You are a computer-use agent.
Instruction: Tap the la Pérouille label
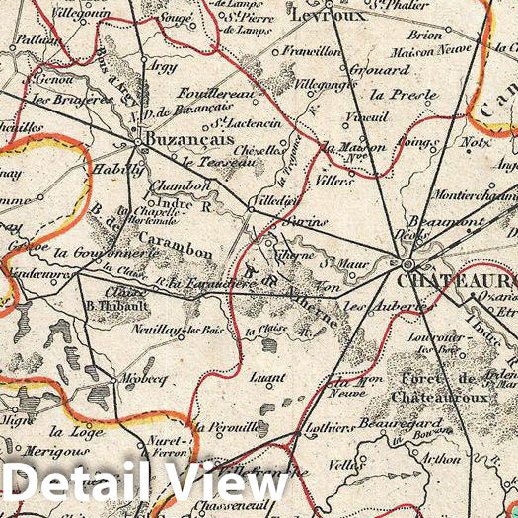[x=224, y=428]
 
